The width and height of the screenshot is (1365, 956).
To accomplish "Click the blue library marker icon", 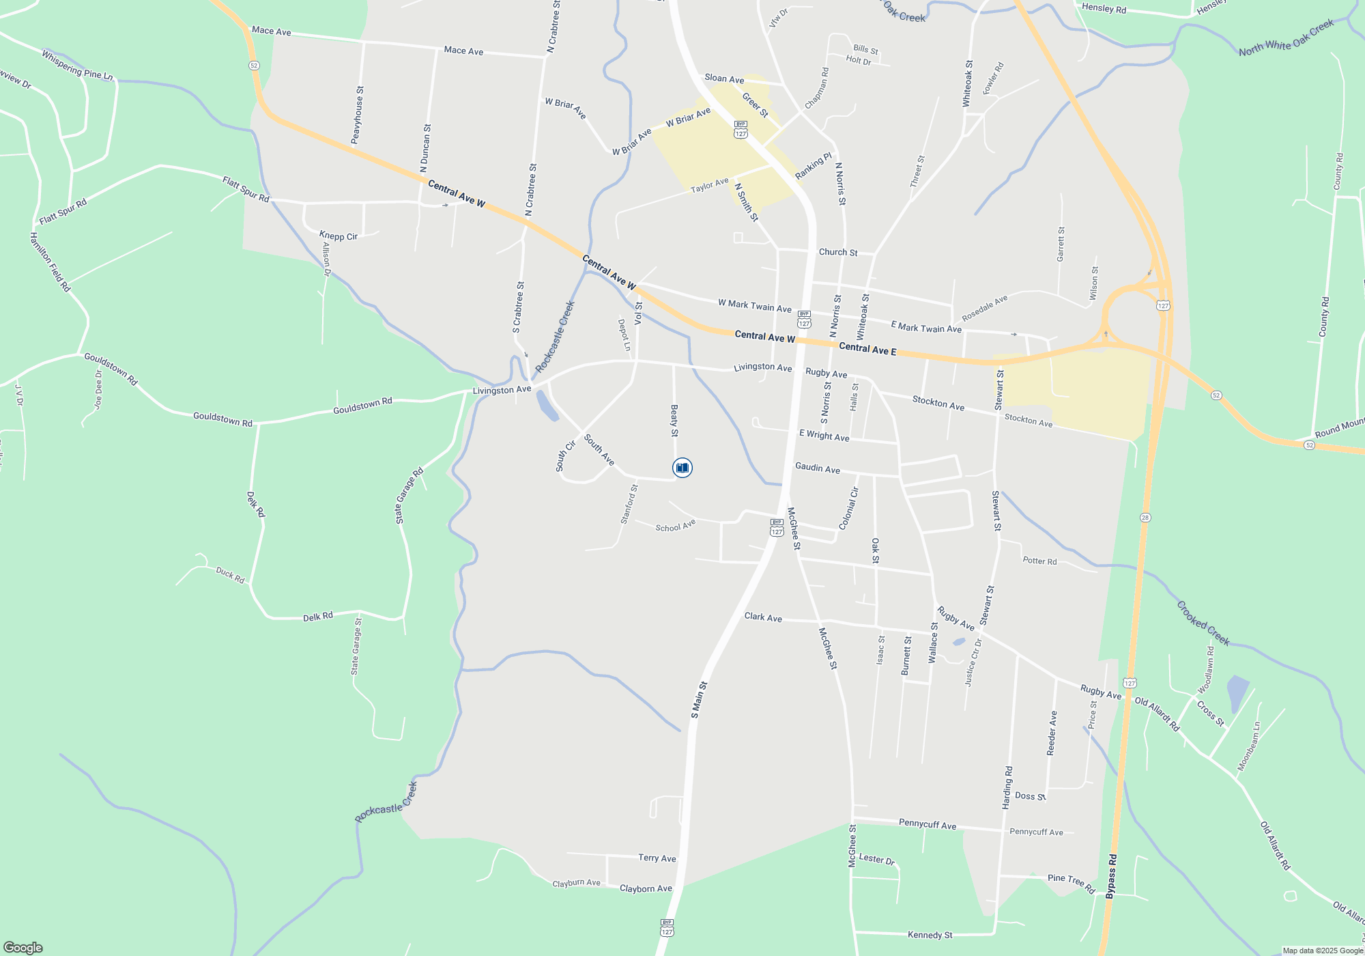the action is [682, 468].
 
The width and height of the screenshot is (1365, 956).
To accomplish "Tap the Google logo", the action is [23, 947].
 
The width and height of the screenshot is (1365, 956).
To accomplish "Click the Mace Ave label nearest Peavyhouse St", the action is [271, 31].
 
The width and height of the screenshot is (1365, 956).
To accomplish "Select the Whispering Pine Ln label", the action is [77, 66].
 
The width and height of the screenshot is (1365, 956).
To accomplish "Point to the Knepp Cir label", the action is [339, 236].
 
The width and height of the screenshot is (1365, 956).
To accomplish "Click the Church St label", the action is [838, 252].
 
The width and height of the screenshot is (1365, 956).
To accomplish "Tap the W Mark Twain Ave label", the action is [754, 306].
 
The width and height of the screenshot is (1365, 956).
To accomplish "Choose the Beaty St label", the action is [674, 421].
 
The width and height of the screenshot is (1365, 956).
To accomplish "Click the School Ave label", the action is [675, 526].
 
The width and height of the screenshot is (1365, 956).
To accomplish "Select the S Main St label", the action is [699, 700].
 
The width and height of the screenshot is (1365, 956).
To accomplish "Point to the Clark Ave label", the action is [763, 617].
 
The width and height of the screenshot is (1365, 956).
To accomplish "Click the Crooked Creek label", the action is [1203, 623].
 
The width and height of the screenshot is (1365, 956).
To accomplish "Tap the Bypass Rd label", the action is [1112, 876].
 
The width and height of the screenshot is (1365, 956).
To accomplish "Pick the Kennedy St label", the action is [930, 935].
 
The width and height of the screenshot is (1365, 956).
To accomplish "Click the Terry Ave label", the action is [657, 858].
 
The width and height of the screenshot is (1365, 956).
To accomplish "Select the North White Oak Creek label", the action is [1286, 38].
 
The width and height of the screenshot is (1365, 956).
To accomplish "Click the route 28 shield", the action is [1145, 518].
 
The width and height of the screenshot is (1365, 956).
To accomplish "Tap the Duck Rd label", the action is [230, 576].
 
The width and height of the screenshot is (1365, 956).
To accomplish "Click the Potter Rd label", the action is [1039, 561].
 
